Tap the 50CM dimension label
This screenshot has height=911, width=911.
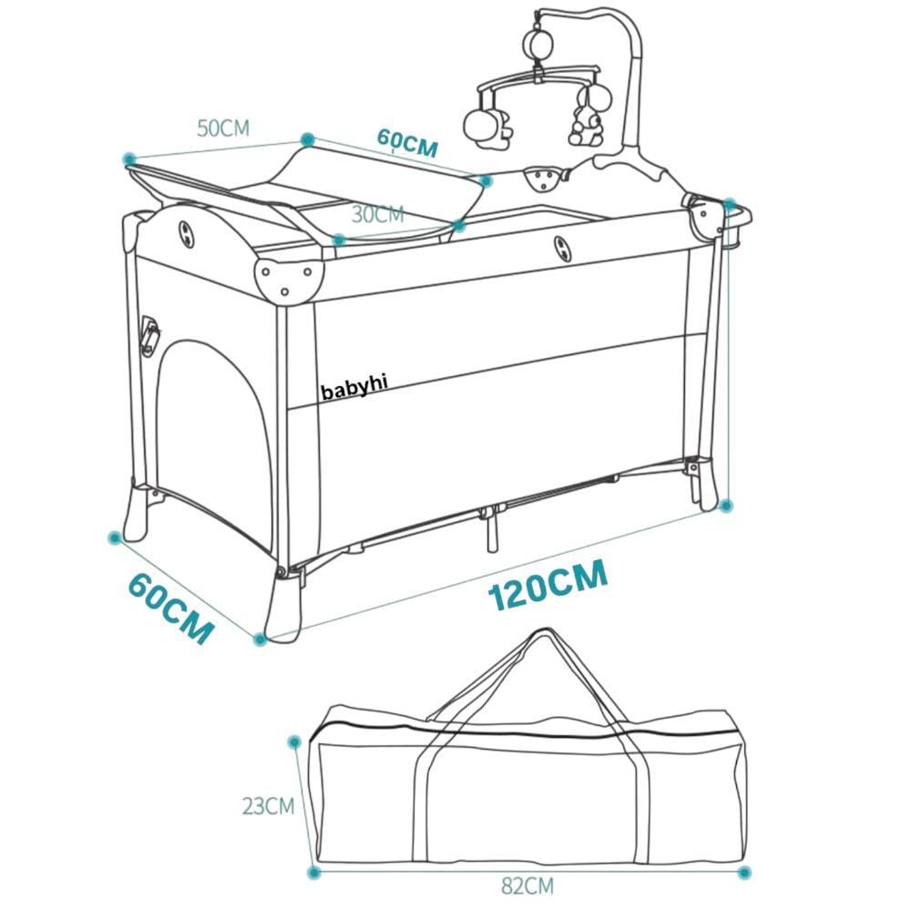tap(223, 128)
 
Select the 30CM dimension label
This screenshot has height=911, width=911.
tap(377, 215)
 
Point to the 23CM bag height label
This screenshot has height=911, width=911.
tap(268, 805)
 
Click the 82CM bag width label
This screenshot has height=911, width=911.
tap(527, 884)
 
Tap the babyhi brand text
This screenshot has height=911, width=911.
tap(354, 387)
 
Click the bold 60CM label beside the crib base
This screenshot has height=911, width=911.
tap(170, 608)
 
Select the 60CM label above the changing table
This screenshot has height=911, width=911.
tap(407, 143)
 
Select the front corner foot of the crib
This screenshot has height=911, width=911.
tap(284, 606)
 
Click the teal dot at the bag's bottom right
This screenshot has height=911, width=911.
tap(745, 873)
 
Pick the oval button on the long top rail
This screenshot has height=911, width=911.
tap(559, 245)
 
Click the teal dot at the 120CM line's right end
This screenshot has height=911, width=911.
tap(726, 505)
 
